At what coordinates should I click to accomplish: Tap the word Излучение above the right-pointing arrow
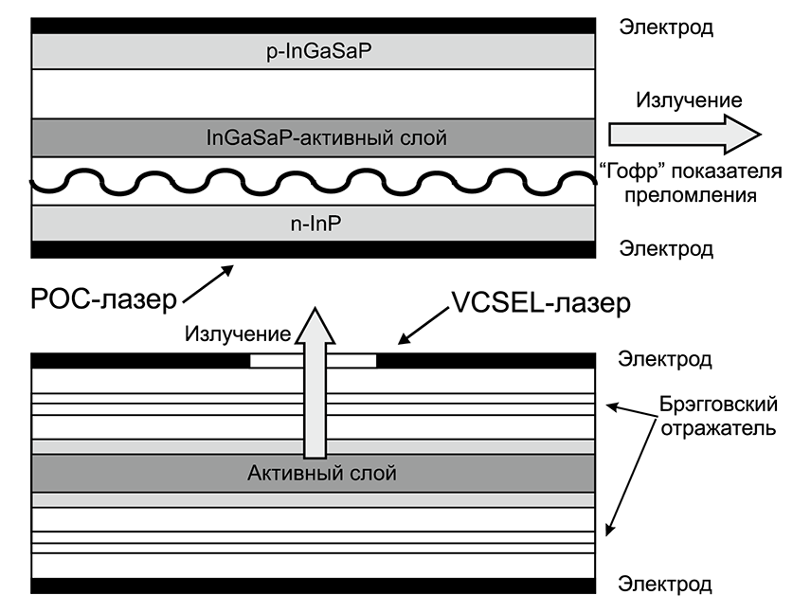(x=689, y=99)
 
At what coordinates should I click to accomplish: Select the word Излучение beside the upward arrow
(x=237, y=334)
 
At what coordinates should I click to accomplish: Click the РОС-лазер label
(x=89, y=301)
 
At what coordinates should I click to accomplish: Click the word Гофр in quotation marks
(x=624, y=171)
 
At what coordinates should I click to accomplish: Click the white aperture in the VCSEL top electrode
(x=313, y=360)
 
